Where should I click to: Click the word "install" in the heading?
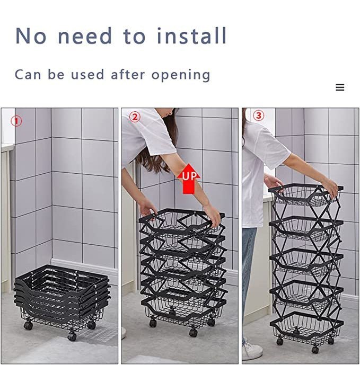click(191, 35)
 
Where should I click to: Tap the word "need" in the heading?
click(85, 36)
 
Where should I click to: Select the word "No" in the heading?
click(31, 36)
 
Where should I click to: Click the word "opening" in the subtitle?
click(181, 75)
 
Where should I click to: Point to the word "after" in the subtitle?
click(128, 75)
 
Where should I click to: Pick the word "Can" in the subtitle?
click(28, 75)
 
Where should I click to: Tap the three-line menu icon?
click(340, 87)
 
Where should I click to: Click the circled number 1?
click(16, 121)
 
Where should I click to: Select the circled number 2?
click(135, 117)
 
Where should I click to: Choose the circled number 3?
click(258, 115)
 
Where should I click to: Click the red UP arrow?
click(189, 179)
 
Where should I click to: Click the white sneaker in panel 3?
click(252, 350)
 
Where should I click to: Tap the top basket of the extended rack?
click(305, 195)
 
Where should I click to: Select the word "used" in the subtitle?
click(87, 75)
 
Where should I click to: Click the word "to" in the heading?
click(135, 37)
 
